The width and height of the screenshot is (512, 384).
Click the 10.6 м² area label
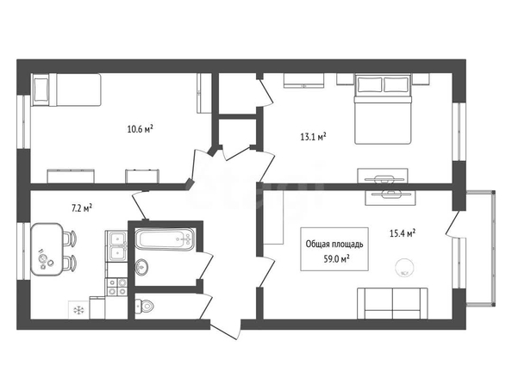140,129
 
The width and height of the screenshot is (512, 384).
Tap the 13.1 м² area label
314,136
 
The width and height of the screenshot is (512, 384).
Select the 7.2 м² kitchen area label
82,208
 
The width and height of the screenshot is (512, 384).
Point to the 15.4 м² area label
403,233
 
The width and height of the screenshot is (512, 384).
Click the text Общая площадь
334,244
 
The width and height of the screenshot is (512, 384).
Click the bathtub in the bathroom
165,239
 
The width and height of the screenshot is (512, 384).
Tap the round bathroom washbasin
141,267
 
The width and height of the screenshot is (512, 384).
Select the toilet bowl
144,306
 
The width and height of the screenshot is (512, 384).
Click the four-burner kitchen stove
116,287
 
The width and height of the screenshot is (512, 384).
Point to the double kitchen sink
116,246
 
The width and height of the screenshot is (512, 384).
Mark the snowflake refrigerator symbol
78,310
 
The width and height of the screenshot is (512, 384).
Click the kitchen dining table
47,250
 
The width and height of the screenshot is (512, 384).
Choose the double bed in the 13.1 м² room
383,109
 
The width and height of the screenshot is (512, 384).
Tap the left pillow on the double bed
370,85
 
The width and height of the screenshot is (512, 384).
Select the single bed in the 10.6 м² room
66,90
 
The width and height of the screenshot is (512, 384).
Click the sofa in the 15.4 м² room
392,303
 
